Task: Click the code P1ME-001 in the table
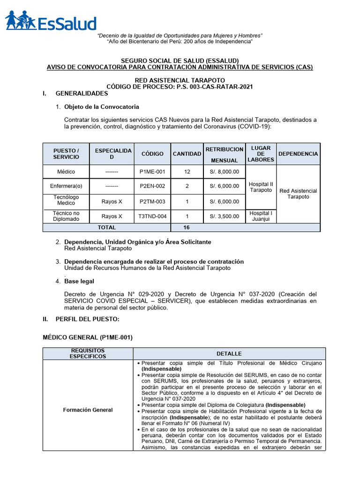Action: click(x=152, y=172)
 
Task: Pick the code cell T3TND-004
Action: click(x=152, y=217)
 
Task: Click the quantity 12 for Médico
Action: click(x=187, y=172)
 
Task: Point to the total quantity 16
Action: click(x=187, y=227)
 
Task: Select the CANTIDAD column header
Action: click(x=187, y=154)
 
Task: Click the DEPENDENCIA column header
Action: click(x=298, y=154)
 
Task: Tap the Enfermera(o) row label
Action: click(x=66, y=186)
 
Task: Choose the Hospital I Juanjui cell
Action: click(x=261, y=216)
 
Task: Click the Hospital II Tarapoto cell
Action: click(x=261, y=187)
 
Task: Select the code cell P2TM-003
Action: click(x=152, y=201)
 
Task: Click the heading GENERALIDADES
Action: click(x=82, y=94)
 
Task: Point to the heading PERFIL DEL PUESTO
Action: click(x=87, y=319)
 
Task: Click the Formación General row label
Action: click(x=88, y=410)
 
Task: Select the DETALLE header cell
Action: click(x=229, y=353)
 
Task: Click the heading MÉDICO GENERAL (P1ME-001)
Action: click(x=88, y=337)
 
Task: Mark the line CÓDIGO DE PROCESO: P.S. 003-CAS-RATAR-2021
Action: click(x=180, y=87)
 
